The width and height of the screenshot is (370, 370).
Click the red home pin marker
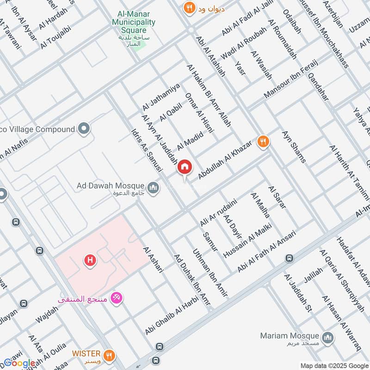click(185, 167)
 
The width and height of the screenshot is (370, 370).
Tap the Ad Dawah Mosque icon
click(154, 188)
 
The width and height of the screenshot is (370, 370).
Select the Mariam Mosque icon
click(328, 337)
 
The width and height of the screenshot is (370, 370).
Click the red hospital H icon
click(90, 261)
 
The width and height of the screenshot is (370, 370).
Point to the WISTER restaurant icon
click(110, 355)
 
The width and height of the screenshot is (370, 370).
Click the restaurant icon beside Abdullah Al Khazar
click(263, 142)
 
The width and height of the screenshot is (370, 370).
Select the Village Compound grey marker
click(84, 129)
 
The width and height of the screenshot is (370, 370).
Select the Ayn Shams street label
click(294, 147)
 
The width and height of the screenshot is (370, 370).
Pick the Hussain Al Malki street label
click(247, 240)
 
